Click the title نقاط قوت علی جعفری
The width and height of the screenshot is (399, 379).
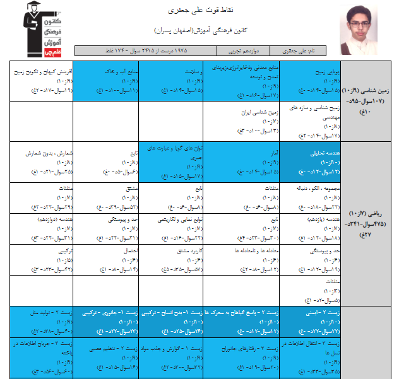[199, 11]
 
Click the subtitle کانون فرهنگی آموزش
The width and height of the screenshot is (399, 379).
[199, 30]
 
